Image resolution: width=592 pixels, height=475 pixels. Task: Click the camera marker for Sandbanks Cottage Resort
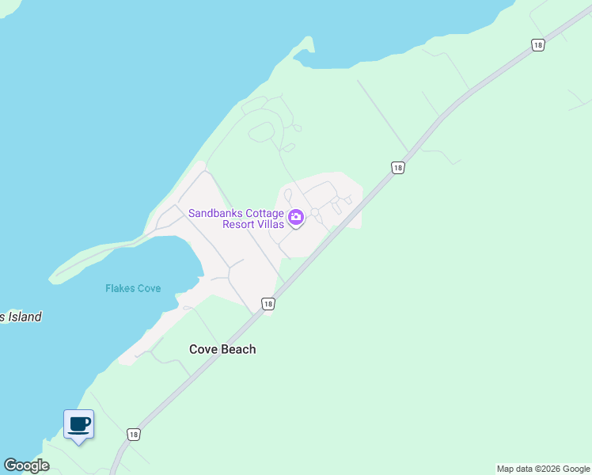(x=296, y=217)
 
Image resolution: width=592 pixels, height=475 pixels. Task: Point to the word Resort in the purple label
(x=242, y=224)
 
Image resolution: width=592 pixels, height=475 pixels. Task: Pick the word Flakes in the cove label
(x=121, y=288)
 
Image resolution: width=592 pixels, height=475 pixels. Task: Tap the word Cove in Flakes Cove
(x=150, y=288)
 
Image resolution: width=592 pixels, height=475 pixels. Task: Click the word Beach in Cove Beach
(x=238, y=349)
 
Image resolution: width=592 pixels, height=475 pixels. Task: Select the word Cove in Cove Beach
(x=203, y=349)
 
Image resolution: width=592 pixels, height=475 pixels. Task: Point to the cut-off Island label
(x=21, y=317)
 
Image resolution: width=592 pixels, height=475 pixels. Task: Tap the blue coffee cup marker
(x=78, y=424)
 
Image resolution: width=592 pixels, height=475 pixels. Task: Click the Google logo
(x=26, y=465)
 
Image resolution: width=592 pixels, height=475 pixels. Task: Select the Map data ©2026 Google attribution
(x=543, y=469)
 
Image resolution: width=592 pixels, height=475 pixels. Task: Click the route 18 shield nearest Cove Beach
(x=268, y=305)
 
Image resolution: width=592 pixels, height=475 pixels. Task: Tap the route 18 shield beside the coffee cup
(x=134, y=435)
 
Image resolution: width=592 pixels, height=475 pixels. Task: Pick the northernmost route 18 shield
(x=538, y=45)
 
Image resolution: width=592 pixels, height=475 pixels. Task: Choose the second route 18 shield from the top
(x=397, y=168)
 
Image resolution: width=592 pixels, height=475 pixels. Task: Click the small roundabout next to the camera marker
(x=315, y=212)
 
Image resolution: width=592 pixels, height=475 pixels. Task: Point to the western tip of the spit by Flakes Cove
(x=52, y=279)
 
